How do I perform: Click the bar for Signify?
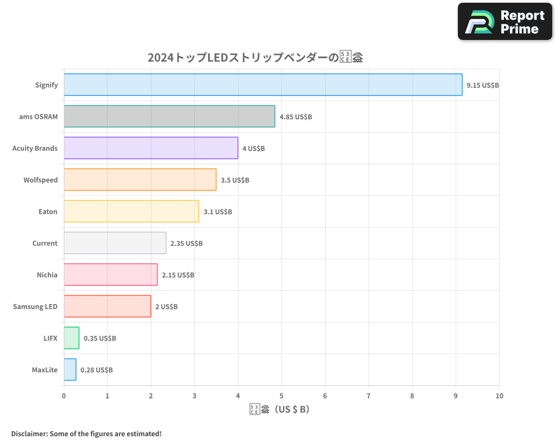coord(263,85)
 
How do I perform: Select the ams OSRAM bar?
coord(169,117)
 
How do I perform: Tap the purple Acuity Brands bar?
coord(151,148)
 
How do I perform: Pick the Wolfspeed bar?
coord(140,180)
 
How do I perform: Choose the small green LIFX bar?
coord(72,338)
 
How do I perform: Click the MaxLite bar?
coord(70,370)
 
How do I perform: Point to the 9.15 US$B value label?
coord(483,85)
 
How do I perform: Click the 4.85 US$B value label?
coord(296,117)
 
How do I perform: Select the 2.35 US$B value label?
coord(186,244)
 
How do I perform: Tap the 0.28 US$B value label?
coord(97,370)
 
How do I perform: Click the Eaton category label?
coord(48,211)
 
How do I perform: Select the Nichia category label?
coord(47,275)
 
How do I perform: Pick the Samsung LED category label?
coord(35,306)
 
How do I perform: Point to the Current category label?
coord(45,243)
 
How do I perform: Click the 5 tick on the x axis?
coord(281,396)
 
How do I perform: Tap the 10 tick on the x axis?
coord(499,396)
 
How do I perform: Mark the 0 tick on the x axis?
coord(64,396)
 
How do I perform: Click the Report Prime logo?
coord(505,22)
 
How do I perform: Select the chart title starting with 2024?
coord(255,57)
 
